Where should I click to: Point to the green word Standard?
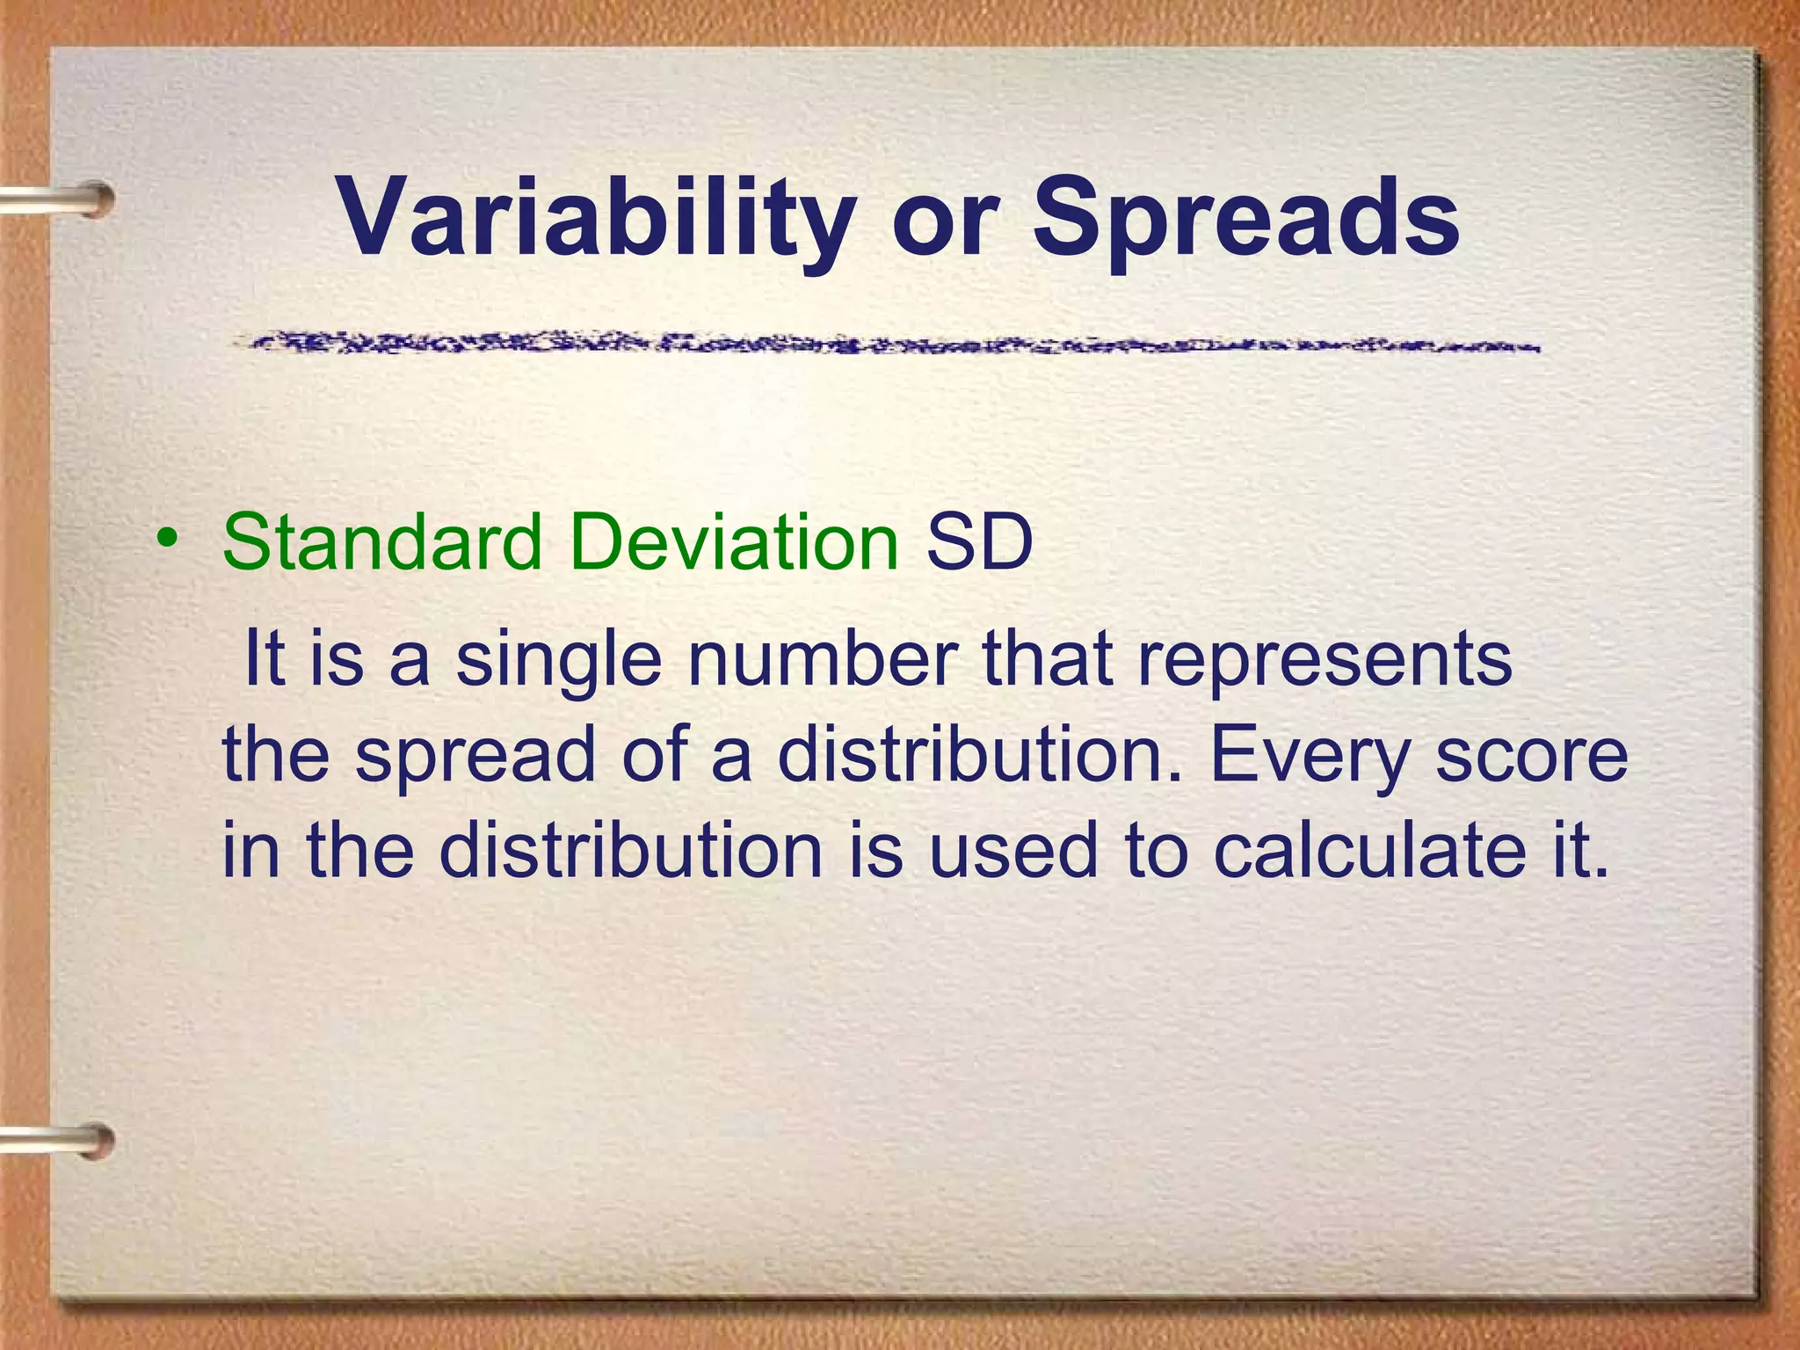coord(382,541)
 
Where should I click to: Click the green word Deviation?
coord(733,541)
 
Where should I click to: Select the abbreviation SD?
coord(979,541)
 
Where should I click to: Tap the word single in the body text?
coord(559,659)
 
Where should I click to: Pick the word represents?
coord(1325,659)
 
